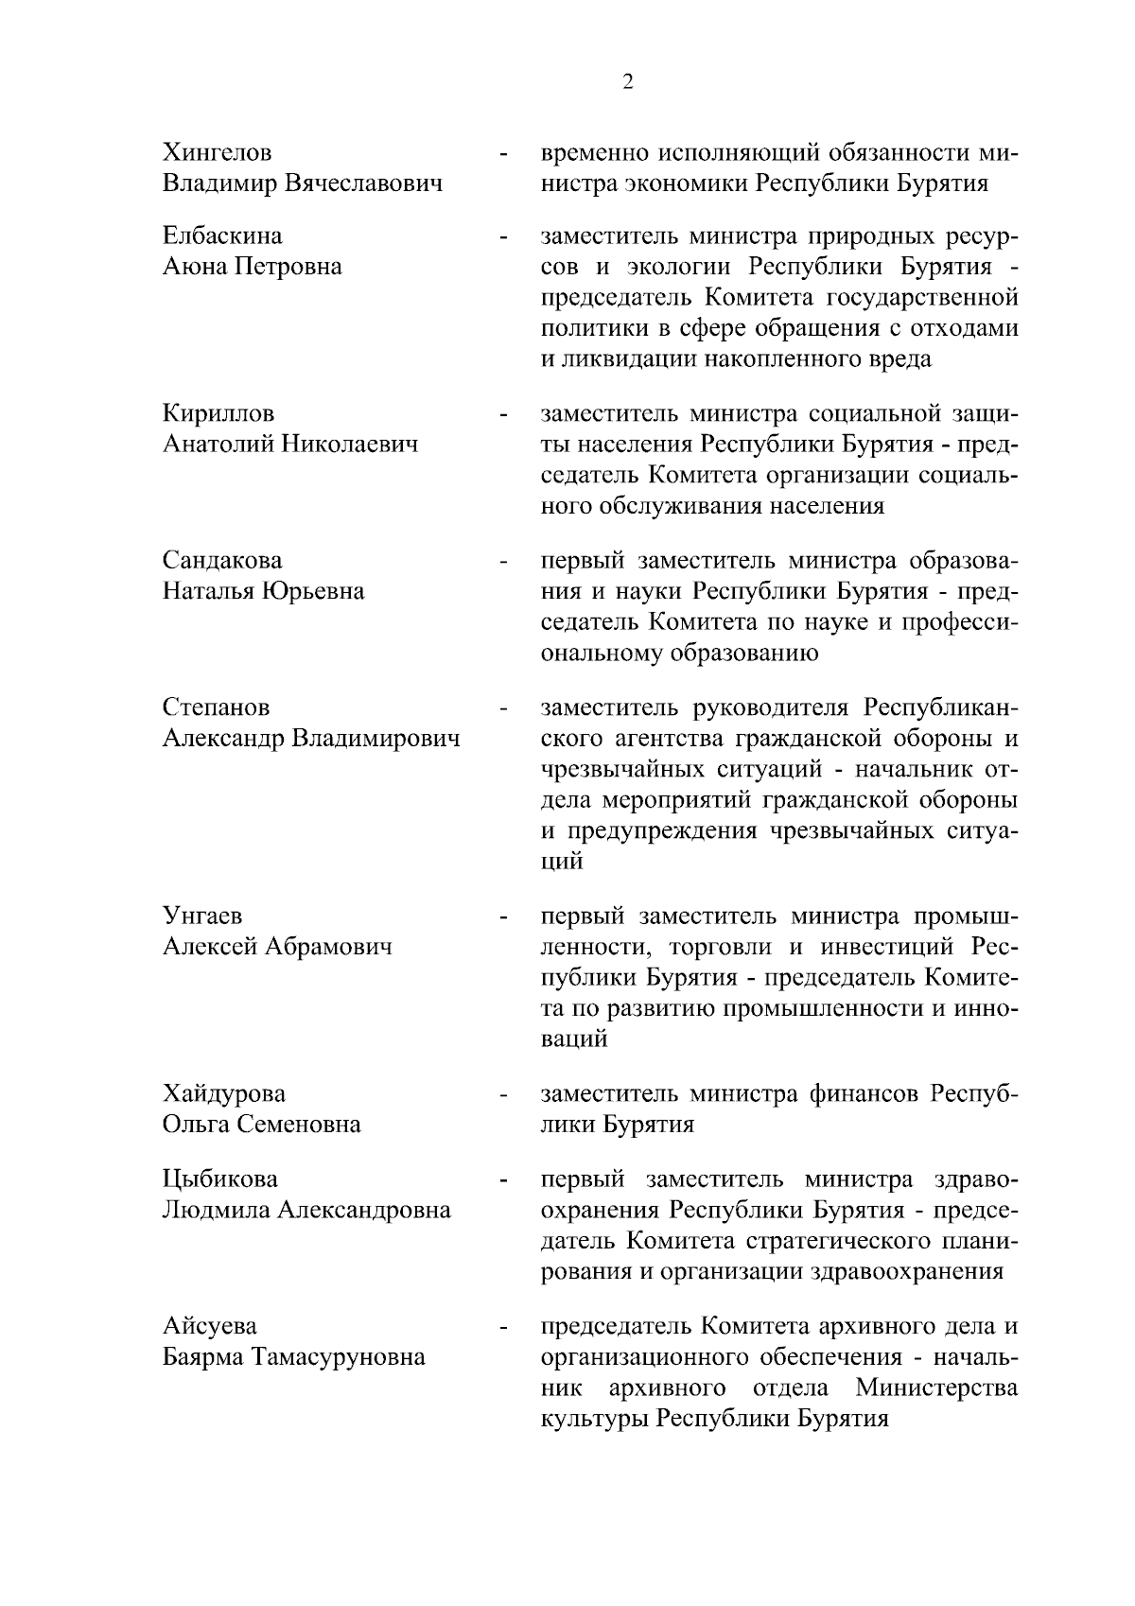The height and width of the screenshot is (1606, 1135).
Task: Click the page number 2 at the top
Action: pos(628,82)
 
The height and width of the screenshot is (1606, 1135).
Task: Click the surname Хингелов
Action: pos(217,152)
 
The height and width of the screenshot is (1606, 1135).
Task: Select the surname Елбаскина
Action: pos(222,236)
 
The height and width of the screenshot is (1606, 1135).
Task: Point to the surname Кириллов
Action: pos(218,414)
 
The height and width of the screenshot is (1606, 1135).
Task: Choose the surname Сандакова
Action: pos(222,561)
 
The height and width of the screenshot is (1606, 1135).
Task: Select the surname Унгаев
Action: pos(202,916)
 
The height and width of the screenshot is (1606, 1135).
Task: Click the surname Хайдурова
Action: pos(224,1094)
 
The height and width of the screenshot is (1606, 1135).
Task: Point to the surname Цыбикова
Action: pos(220,1179)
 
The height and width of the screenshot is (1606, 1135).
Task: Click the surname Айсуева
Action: pos(209,1327)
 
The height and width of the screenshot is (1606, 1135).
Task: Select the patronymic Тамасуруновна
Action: pos(337,1358)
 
